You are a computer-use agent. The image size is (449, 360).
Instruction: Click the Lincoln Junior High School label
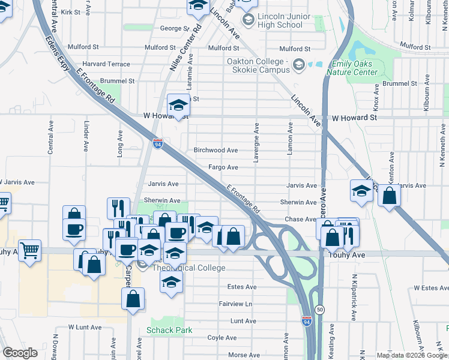pyautogui.click(x=279, y=20)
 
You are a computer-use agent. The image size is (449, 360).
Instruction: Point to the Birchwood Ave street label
pyautogui.click(x=215, y=151)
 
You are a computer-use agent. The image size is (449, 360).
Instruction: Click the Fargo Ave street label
pyautogui.click(x=223, y=167)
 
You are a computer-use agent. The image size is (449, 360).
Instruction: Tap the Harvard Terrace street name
pyautogui.click(x=106, y=64)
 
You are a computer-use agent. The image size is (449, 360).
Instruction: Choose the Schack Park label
pyautogui.click(x=169, y=330)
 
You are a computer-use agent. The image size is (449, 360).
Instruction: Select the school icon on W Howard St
pyautogui.click(x=178, y=106)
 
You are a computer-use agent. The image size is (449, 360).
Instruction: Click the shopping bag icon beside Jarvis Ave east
pyautogui.click(x=390, y=196)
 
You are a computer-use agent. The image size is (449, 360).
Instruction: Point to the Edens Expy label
pyautogui.click(x=57, y=53)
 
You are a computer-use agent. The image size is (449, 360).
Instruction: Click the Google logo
pyautogui.click(x=20, y=353)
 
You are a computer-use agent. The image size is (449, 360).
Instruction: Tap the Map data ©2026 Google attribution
pyautogui.click(x=411, y=355)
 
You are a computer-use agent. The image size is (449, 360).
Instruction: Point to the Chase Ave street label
pyautogui.click(x=301, y=220)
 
